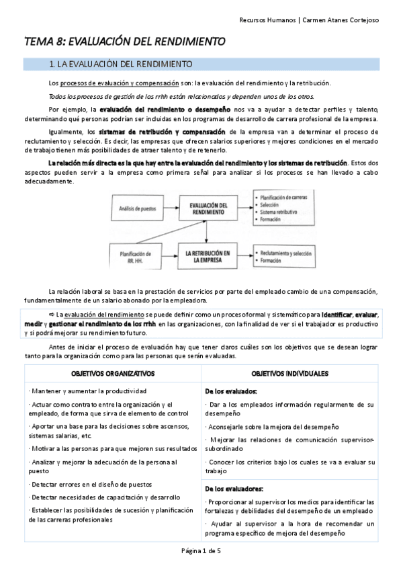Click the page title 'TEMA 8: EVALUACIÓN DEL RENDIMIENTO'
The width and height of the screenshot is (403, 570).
tap(124, 42)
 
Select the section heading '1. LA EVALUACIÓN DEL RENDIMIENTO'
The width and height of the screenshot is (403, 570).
tap(122, 65)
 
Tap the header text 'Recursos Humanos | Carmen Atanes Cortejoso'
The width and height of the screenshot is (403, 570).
tap(309, 20)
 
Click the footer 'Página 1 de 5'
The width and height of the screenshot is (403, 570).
tap(201, 552)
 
